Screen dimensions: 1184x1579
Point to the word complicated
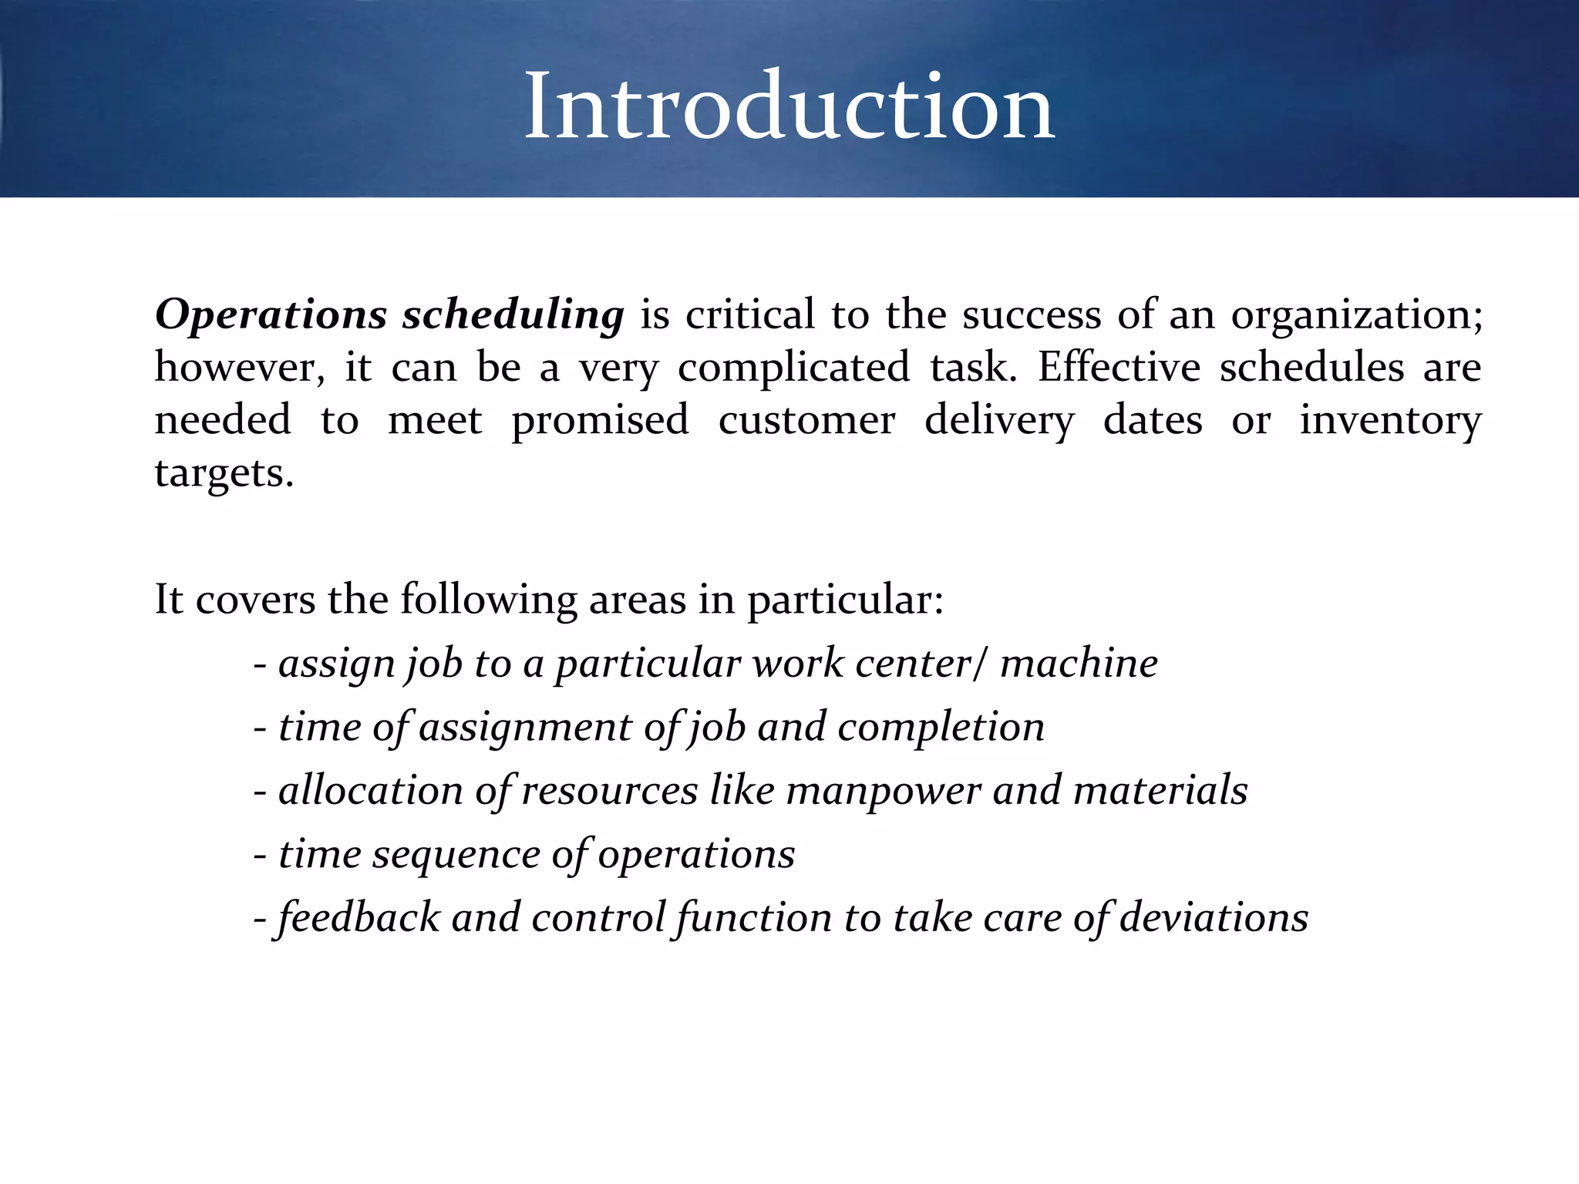[793, 368]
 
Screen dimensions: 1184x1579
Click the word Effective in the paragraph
[1119, 367]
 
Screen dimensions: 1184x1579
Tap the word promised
[600, 421]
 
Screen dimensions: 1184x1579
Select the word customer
[806, 421]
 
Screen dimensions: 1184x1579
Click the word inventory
[1390, 421]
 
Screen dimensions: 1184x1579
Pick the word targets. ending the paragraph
[224, 473]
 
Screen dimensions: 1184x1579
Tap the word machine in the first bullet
[1079, 664]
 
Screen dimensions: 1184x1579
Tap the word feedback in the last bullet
[358, 918]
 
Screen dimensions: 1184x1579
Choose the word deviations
[1214, 918]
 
